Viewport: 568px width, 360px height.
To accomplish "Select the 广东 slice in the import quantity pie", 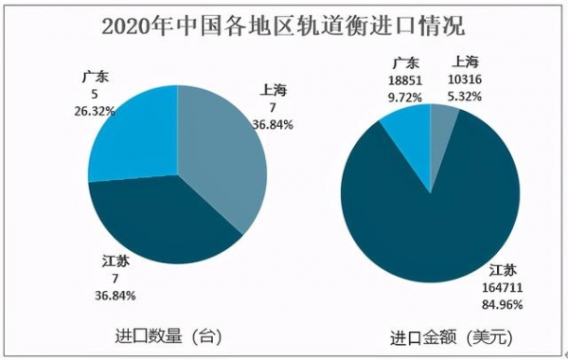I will click(x=133, y=133).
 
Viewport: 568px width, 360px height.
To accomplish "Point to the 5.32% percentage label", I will click(x=475, y=97).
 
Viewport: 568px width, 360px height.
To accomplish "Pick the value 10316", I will click(x=475, y=82).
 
